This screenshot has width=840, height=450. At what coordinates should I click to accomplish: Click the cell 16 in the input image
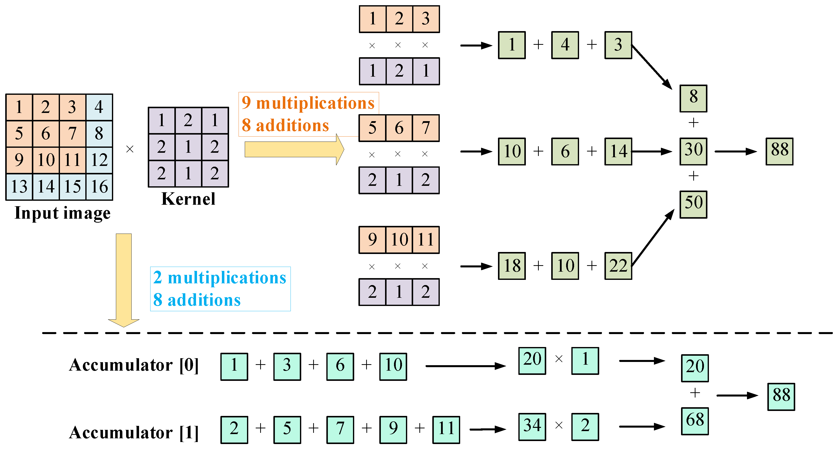(99, 187)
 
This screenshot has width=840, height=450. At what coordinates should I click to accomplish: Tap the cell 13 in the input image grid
(19, 187)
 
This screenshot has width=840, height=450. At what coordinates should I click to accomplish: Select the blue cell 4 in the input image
(99, 107)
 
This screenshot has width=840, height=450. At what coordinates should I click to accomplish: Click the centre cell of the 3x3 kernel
(188, 147)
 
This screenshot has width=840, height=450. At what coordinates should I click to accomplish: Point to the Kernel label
(188, 199)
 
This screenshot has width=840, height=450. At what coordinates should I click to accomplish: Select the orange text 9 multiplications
(308, 103)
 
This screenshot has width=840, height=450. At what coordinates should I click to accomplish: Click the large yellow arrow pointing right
(294, 149)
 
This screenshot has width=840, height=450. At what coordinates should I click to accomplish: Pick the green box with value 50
(693, 204)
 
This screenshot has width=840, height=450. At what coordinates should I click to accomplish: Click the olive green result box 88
(779, 151)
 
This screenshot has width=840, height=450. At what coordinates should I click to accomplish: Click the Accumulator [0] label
(134, 365)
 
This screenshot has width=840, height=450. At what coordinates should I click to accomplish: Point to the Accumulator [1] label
(134, 433)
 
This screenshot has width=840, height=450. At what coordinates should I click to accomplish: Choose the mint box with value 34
(532, 427)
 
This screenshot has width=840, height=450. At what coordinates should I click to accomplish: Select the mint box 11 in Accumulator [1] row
(446, 429)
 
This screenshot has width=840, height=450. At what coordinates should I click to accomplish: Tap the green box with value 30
(693, 151)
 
